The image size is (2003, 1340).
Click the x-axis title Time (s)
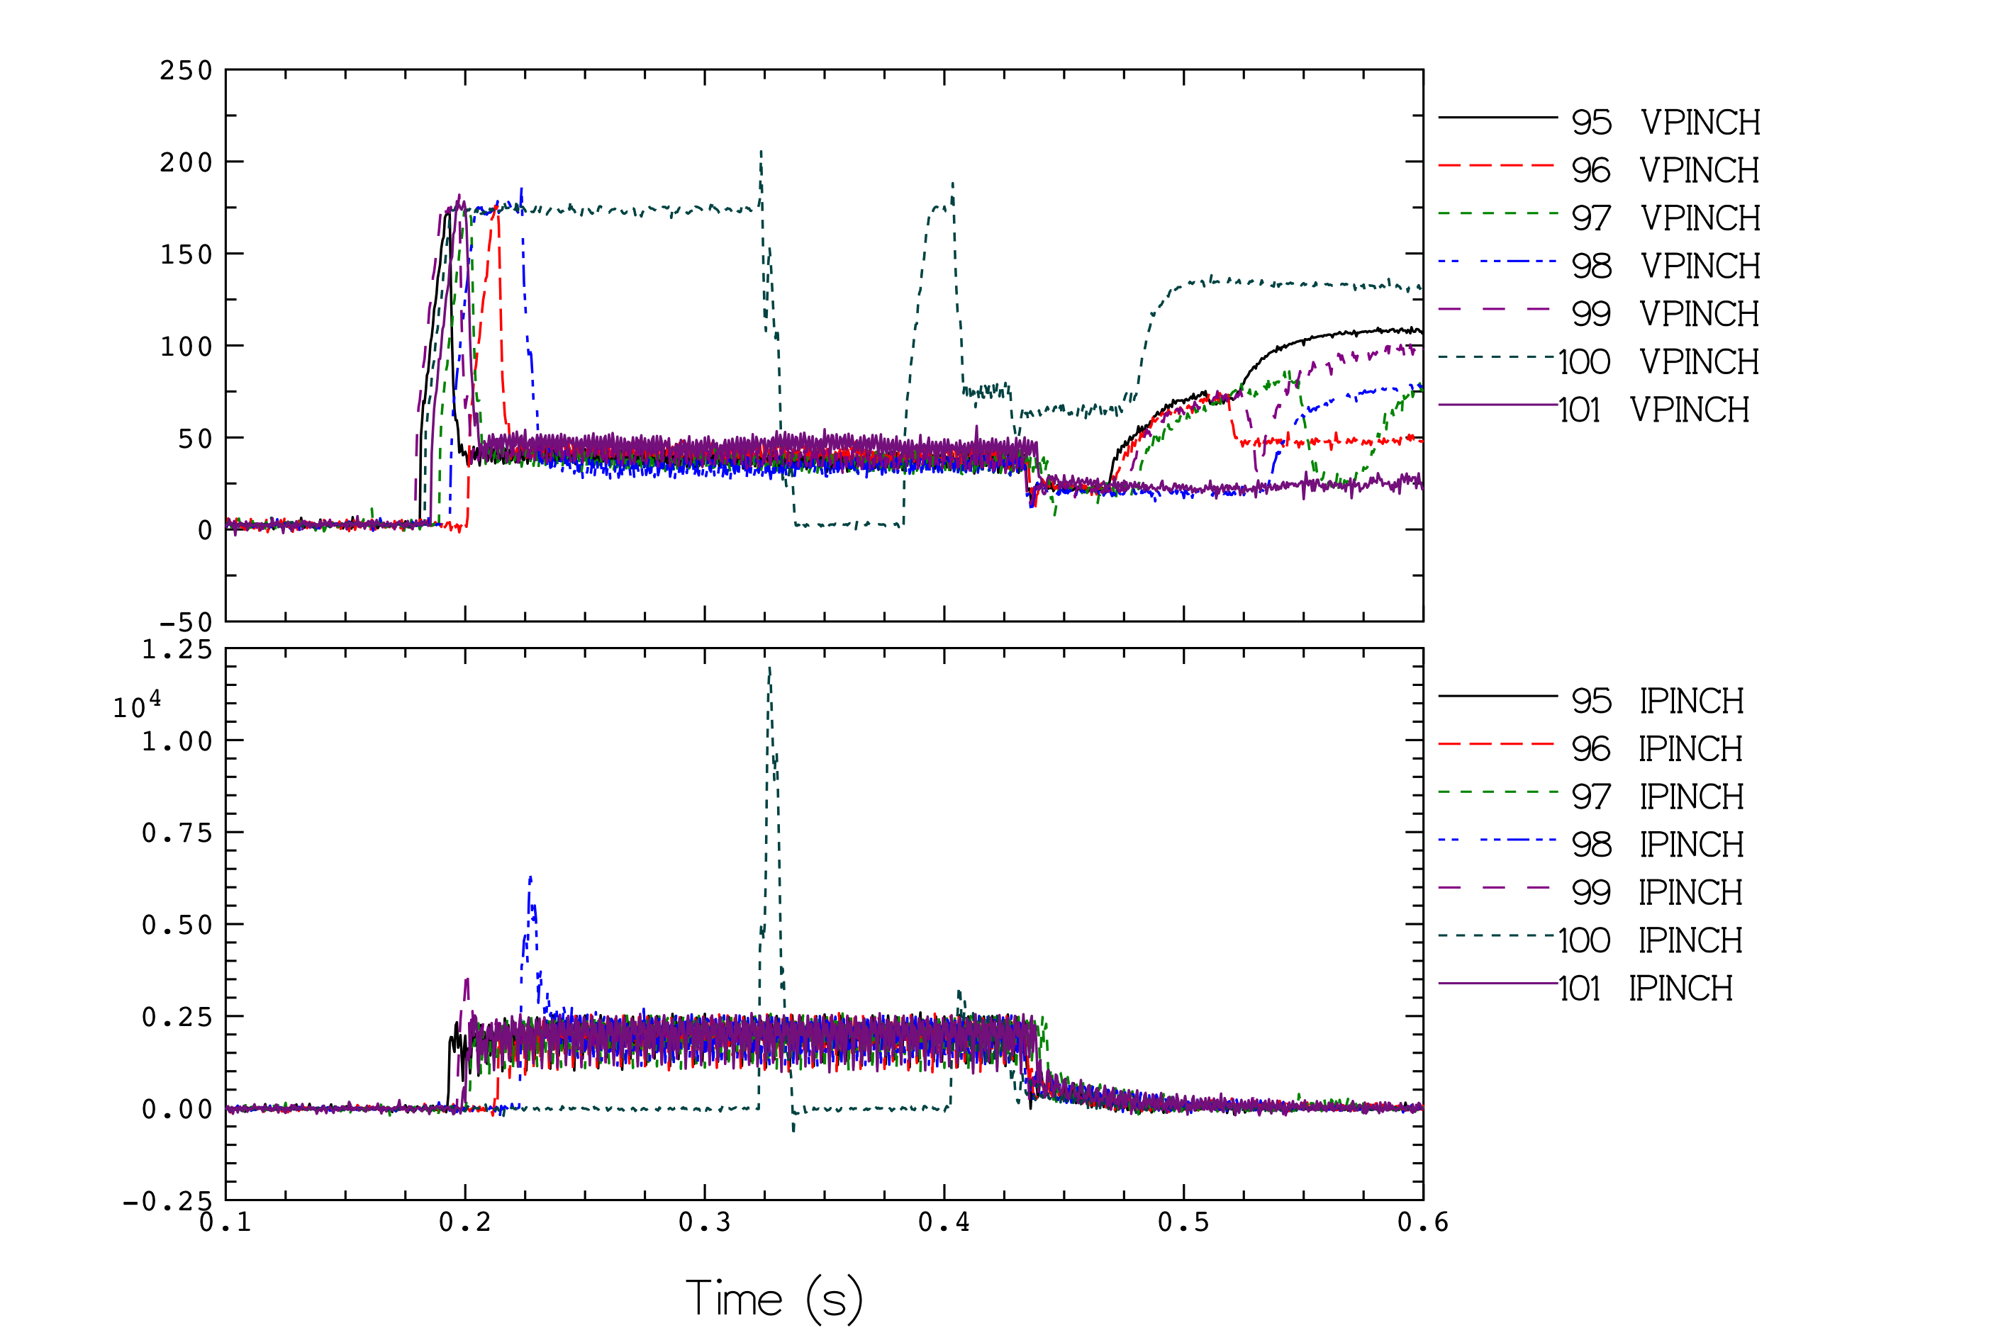click(774, 1298)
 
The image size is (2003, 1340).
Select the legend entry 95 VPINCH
click(1600, 121)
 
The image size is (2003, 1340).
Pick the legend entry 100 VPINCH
click(1600, 361)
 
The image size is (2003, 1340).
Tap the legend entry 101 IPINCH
click(1586, 987)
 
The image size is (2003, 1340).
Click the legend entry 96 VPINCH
click(1599, 169)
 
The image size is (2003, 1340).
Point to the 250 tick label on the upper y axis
click(186, 70)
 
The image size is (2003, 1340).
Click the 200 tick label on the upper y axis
click(186, 162)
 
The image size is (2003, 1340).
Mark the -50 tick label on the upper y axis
click(186, 621)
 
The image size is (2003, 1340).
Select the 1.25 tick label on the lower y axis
click(177, 650)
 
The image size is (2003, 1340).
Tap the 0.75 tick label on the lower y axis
click(177, 833)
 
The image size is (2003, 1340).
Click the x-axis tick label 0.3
click(705, 1222)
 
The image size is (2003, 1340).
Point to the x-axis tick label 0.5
click(1183, 1222)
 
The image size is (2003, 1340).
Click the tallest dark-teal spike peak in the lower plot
click(769, 668)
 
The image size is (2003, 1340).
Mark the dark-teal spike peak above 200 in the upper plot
click(761, 151)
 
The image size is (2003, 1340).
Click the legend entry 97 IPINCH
click(1591, 796)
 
